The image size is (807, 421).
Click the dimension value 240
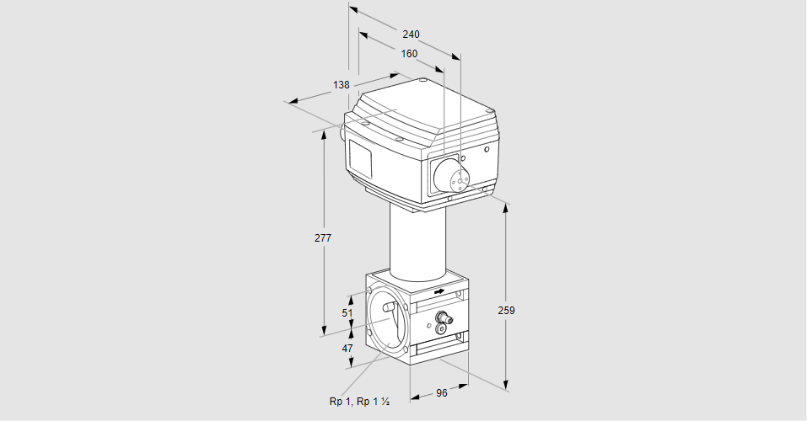411,35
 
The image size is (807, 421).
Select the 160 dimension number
409,54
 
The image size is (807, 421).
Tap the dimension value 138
341,85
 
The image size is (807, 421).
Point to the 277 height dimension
323,238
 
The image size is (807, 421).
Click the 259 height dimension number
506,311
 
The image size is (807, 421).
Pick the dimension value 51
347,312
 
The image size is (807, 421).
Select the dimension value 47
347,347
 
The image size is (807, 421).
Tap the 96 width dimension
440,393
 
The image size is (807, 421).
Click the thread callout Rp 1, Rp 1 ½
358,402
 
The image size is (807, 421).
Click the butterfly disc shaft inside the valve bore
390,307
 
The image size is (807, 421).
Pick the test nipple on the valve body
442,318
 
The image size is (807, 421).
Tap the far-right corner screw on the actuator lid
491,111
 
